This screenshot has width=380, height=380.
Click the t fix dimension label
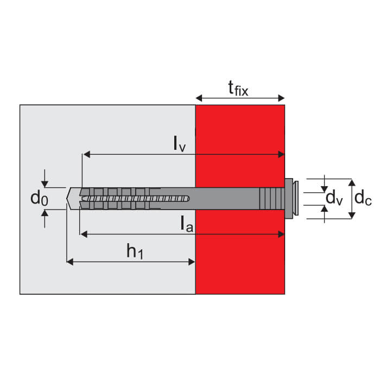pyautogui.click(x=238, y=88)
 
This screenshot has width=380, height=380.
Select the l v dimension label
pyautogui.click(x=180, y=144)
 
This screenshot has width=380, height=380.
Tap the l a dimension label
pyautogui.click(x=187, y=224)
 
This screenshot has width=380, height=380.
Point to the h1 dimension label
pyautogui.click(x=135, y=251)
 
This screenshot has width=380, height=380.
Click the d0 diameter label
pyautogui.click(x=39, y=198)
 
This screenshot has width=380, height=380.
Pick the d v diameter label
pyautogui.click(x=334, y=198)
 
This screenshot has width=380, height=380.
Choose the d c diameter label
pyautogui.click(x=363, y=198)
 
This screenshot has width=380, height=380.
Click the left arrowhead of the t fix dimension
pyautogui.click(x=199, y=98)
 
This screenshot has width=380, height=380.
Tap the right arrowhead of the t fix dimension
pyautogui.click(x=281, y=98)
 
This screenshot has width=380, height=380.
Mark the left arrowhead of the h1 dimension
pyautogui.click(x=70, y=262)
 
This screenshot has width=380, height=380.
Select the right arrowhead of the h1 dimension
pyautogui.click(x=192, y=262)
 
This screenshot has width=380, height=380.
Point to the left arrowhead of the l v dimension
pyautogui.click(x=86, y=154)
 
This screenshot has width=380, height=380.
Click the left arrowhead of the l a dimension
pyautogui.click(x=84, y=234)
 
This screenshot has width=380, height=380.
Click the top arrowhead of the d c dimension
pyautogui.click(x=352, y=182)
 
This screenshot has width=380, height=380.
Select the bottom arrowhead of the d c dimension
pyautogui.click(x=352, y=215)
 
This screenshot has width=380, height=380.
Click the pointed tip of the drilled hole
pyautogui.click(x=67, y=199)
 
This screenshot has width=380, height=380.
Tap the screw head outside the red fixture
pyautogui.click(x=292, y=199)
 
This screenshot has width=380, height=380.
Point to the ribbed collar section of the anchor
pyautogui.click(x=271, y=199)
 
